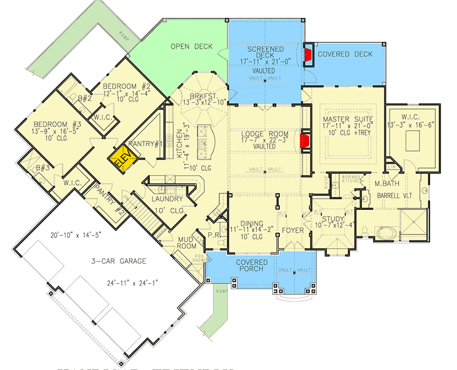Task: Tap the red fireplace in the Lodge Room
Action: pyautogui.click(x=306, y=142)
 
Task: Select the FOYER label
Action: pyautogui.click(x=293, y=231)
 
